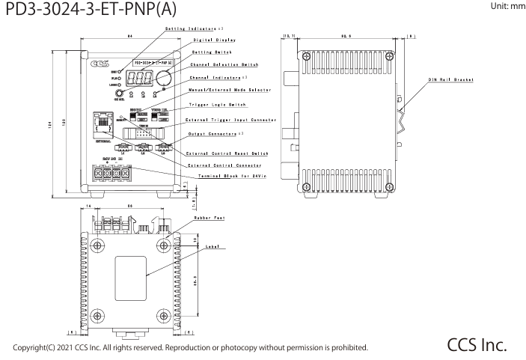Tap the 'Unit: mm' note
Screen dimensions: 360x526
pos(505,7)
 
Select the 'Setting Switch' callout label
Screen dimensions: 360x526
pos(211,52)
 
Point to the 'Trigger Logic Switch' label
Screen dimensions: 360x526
pos(217,106)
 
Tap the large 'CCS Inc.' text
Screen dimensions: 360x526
pos(477,345)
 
